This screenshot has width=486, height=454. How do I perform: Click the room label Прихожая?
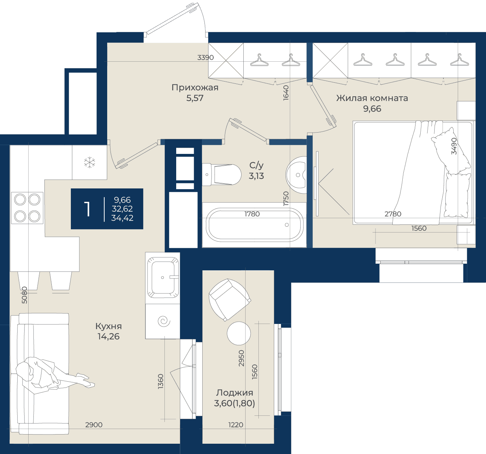195,87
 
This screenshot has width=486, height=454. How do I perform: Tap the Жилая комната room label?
372,98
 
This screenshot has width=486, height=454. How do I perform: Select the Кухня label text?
108,326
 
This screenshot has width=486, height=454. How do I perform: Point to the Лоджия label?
235,393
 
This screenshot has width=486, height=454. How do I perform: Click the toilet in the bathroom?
221,174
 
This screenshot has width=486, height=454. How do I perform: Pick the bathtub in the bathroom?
254,224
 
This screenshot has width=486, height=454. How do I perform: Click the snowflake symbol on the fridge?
90,162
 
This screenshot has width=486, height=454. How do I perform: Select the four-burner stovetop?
27,208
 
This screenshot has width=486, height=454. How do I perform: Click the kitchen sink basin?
163,278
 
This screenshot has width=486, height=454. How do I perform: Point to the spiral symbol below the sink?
164,321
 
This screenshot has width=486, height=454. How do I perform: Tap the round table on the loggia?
239,333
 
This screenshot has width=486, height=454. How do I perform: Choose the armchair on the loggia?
229,299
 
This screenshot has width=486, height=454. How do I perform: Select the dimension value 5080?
25,295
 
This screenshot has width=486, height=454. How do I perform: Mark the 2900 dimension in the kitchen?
94,425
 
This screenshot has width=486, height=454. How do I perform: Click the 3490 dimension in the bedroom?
454,146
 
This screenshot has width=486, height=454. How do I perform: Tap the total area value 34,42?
122,218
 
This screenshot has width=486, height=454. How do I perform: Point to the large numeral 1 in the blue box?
87,209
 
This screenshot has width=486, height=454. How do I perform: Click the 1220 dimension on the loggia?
236,425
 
